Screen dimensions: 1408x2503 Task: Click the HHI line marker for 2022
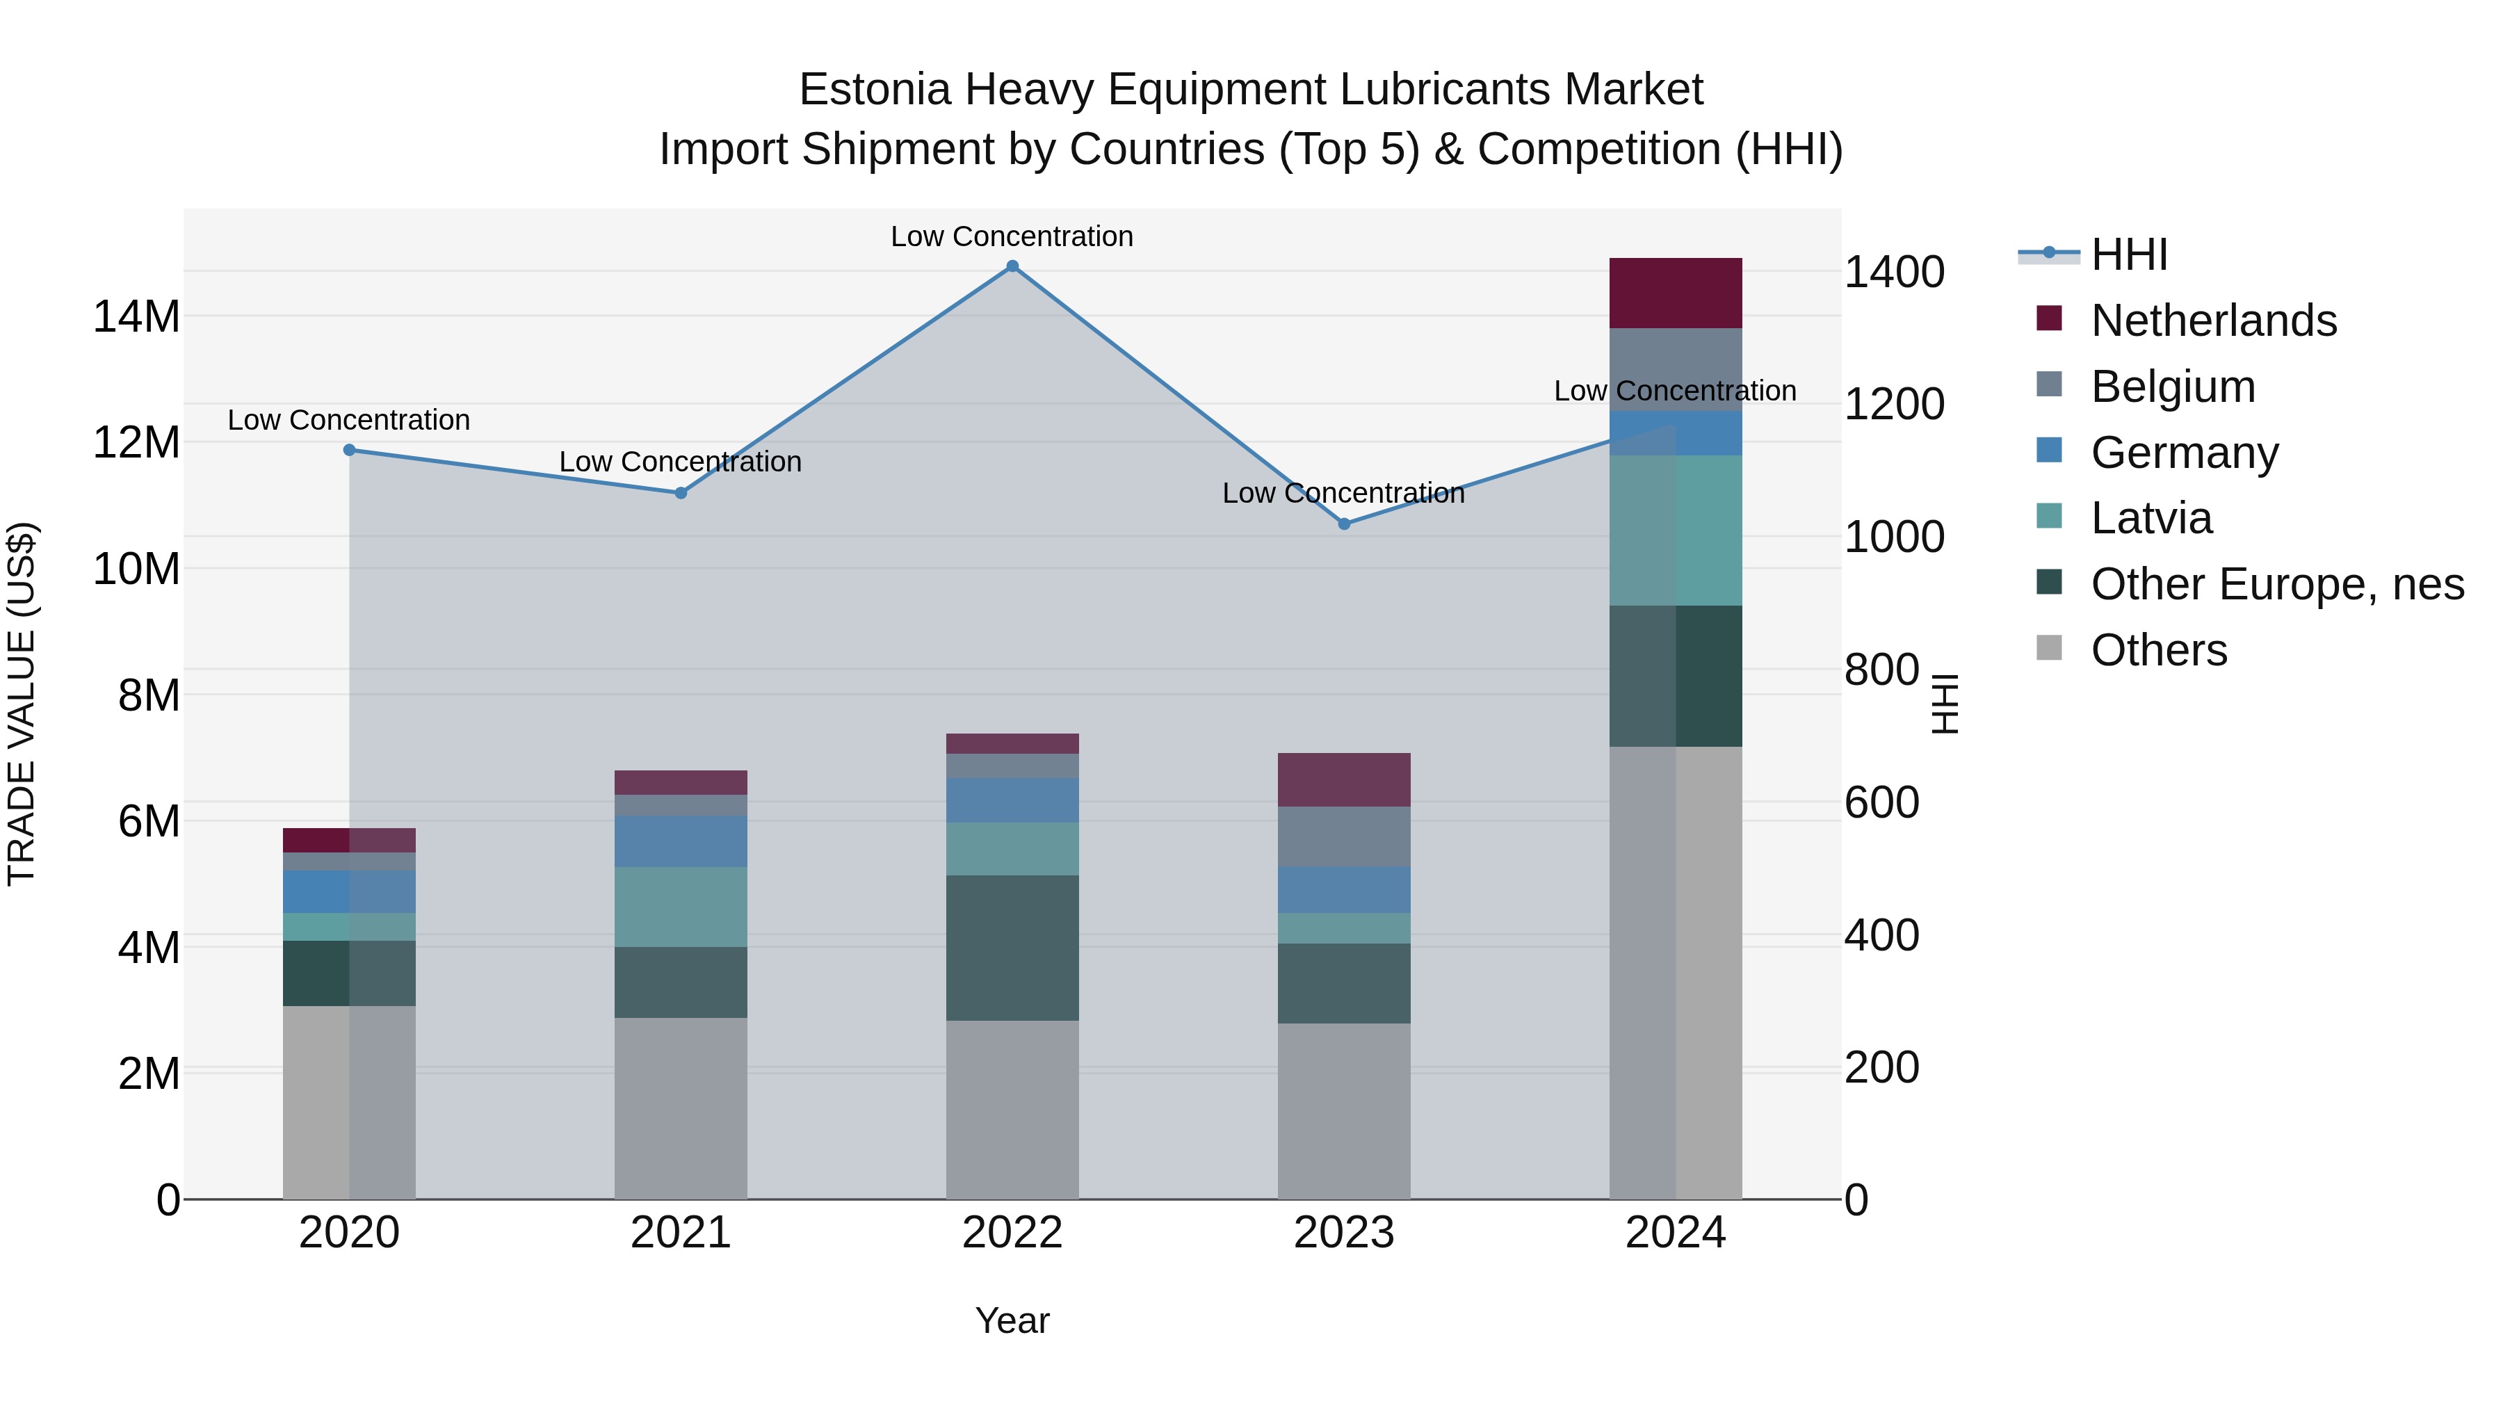coord(1012,266)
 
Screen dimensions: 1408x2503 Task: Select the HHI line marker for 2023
coord(1344,524)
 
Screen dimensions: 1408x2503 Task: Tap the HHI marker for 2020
coord(349,450)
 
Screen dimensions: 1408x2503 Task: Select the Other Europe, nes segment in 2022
coord(1012,948)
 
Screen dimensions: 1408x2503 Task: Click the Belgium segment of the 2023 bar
coord(1344,836)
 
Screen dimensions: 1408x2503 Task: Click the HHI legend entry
coord(2128,254)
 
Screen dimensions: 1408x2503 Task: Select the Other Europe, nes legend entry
coord(2276,585)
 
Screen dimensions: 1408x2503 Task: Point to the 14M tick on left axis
coord(136,317)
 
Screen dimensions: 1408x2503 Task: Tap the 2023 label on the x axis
coord(1344,1233)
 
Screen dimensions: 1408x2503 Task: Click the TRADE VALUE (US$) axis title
coord(22,704)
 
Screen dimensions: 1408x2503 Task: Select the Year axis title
coord(1012,1320)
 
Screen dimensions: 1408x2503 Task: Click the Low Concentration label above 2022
coord(1012,236)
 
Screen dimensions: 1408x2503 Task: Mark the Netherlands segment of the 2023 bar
coord(1344,779)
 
